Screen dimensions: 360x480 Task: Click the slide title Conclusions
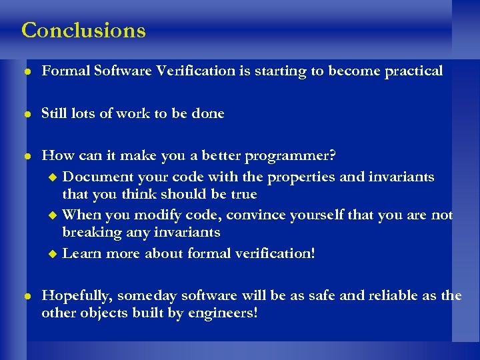tap(83, 30)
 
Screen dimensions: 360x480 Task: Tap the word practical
tap(413, 71)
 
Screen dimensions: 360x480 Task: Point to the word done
tap(207, 113)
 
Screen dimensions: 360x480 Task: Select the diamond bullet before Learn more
tap(54, 254)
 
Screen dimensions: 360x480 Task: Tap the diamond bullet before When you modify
tap(54, 215)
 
